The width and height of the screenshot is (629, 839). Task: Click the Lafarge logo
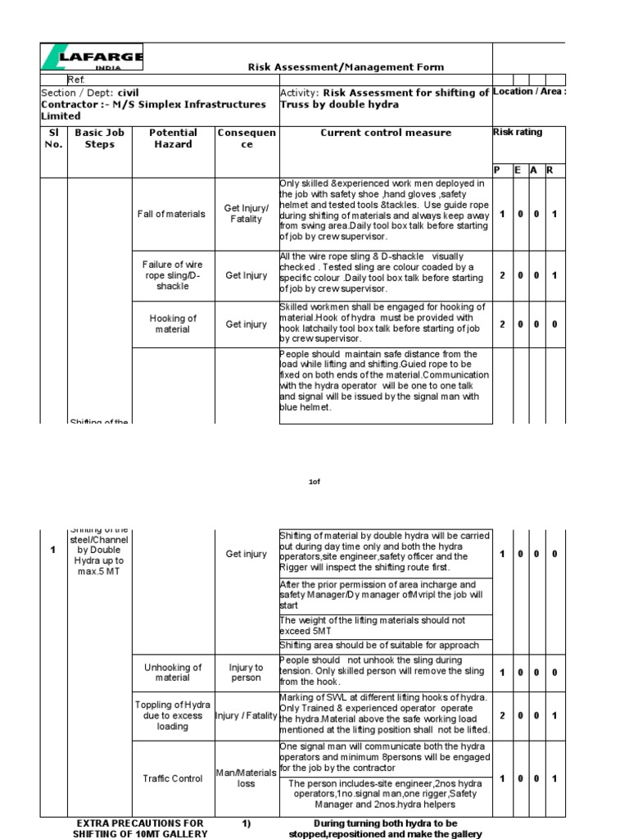pos(93,58)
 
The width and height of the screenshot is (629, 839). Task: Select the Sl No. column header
pos(53,138)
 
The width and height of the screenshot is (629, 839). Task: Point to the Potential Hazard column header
pos(173,138)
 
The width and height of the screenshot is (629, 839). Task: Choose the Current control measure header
pos(385,133)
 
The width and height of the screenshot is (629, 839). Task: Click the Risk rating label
pos(517,132)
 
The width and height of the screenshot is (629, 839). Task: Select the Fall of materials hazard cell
pos(173,214)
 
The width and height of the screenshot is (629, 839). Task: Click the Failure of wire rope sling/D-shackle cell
pos(173,275)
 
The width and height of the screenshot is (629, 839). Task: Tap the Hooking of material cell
pos(173,324)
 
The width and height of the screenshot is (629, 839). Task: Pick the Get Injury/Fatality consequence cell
pos(246,214)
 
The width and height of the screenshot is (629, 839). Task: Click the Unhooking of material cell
pos(173,672)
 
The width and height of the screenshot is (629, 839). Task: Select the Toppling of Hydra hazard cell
pos(173,715)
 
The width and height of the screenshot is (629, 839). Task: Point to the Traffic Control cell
pos(173,778)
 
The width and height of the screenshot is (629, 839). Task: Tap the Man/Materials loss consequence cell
pos(246,778)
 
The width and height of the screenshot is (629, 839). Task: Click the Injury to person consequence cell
pos(246,672)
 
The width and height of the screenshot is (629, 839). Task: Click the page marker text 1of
pos(314,483)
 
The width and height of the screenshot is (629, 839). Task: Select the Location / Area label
pos(529,92)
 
